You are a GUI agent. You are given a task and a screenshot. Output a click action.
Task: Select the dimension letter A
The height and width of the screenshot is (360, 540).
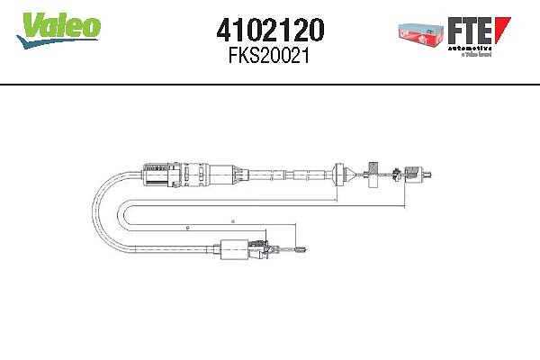[231, 219]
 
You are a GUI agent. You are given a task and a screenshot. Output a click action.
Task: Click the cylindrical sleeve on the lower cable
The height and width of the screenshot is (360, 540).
[235, 248]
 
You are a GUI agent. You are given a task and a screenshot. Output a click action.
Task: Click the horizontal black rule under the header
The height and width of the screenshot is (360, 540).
[270, 83]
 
